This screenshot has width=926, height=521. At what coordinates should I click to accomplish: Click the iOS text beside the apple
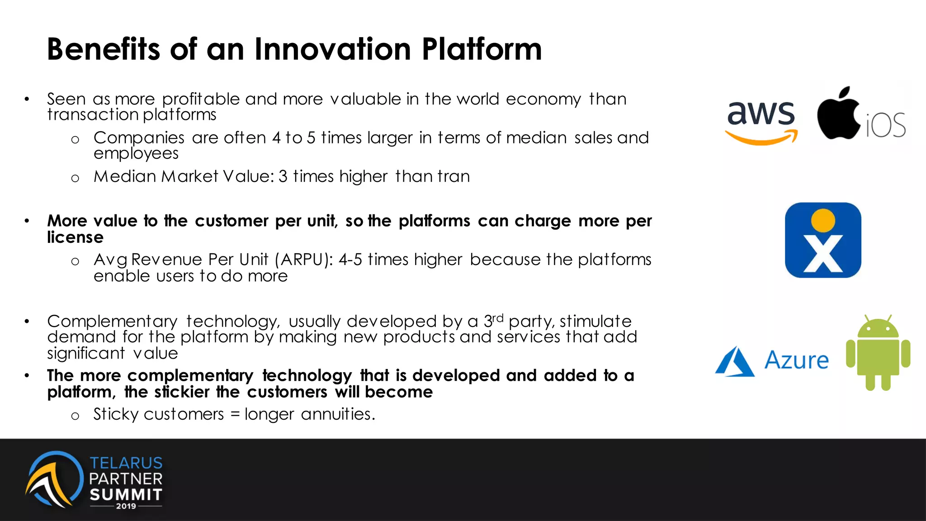coord(885,125)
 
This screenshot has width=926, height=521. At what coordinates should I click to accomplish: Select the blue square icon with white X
coord(823,240)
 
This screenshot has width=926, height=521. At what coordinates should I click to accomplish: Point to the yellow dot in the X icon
coord(823,220)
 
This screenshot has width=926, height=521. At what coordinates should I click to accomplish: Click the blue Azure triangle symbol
coord(735,362)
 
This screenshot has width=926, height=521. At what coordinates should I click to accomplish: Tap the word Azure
coord(796,360)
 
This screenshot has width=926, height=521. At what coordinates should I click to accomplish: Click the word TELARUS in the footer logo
coord(126,463)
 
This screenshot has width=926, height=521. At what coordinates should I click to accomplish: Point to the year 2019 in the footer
coord(126,506)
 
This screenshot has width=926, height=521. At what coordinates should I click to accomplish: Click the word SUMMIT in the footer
coord(126,494)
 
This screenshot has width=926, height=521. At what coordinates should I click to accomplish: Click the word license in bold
coord(75,237)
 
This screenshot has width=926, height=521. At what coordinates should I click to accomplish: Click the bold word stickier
coord(182,392)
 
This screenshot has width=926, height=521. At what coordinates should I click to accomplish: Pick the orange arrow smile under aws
coord(761,137)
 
